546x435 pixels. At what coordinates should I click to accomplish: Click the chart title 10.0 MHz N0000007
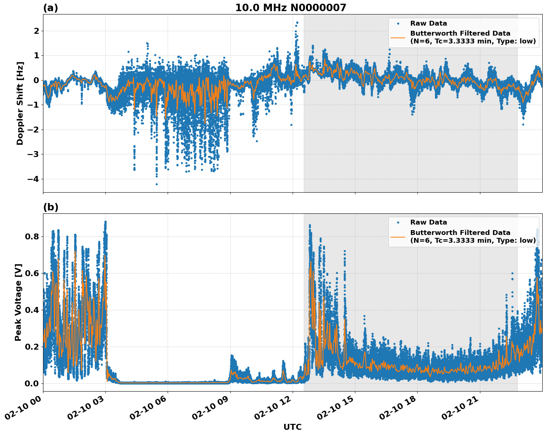pyautogui.click(x=290, y=8)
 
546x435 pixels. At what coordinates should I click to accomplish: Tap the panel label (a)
pyautogui.click(x=50, y=8)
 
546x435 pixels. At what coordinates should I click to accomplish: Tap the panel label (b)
pyautogui.click(x=50, y=207)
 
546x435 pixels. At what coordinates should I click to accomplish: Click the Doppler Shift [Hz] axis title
pyautogui.click(x=20, y=103)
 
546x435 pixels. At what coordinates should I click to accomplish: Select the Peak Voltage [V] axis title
pyautogui.click(x=18, y=302)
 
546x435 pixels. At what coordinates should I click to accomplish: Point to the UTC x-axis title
pyautogui.click(x=292, y=427)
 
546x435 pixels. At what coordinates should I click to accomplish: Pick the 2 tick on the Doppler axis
pyautogui.click(x=36, y=31)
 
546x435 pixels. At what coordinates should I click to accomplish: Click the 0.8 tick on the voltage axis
pyautogui.click(x=32, y=236)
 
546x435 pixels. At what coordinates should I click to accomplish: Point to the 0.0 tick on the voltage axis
pyautogui.click(x=32, y=383)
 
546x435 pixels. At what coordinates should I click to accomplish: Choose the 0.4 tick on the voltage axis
pyautogui.click(x=32, y=310)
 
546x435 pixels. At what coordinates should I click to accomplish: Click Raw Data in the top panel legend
pyautogui.click(x=428, y=23)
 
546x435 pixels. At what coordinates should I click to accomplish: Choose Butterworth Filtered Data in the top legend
pyautogui.click(x=460, y=33)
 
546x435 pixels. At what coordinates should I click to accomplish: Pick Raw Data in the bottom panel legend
pyautogui.click(x=428, y=222)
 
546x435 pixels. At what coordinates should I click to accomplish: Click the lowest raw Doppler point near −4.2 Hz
pyautogui.click(x=157, y=184)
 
